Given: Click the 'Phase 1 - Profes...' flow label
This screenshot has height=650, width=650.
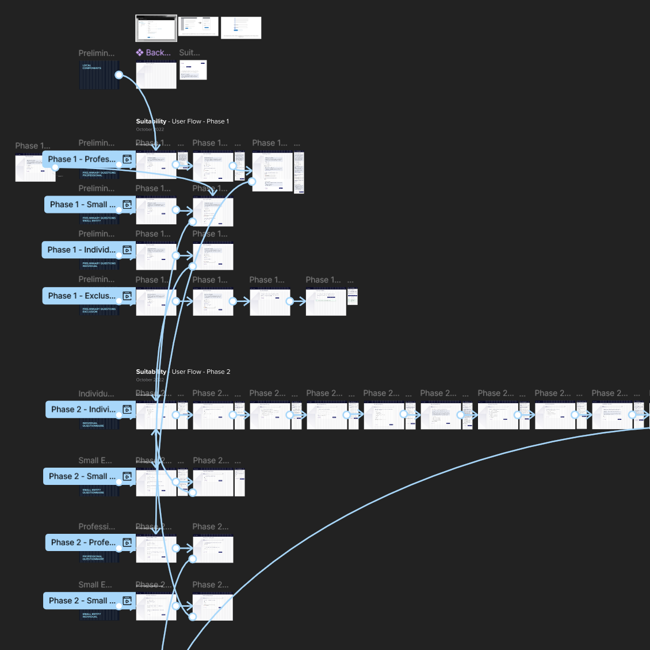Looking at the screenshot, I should coord(81,159).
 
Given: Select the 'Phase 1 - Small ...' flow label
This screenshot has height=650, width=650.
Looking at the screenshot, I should coord(82,205).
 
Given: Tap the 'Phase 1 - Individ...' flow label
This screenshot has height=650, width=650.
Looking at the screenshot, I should coord(81,250).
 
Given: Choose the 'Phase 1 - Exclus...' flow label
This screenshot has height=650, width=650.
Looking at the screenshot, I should coord(81,296).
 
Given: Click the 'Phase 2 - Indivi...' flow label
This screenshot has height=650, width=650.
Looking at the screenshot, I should coord(82,410).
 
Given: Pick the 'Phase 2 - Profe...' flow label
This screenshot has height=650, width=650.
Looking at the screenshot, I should coord(83,542).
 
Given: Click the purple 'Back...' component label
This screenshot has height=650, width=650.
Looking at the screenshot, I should coord(154,52).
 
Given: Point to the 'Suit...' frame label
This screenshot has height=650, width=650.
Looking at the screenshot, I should coord(189,52).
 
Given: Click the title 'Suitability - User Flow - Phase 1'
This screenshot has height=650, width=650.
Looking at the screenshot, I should coord(182,121).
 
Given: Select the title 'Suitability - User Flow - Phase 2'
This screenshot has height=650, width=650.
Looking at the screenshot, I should coord(183,372).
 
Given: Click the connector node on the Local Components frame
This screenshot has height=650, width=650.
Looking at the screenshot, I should coord(118,75).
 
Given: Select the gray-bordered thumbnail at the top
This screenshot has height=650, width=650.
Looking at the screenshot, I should coord(156,28).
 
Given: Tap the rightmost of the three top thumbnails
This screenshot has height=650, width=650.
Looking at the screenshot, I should coord(241,28).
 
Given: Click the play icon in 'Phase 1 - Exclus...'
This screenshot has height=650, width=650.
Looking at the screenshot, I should coord(127,296).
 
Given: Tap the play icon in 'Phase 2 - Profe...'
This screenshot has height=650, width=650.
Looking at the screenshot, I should coord(127,542).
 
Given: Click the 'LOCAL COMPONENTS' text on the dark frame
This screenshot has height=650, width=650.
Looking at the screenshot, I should coord(91,67).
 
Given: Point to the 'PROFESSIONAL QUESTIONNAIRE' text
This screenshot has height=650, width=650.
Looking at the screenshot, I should coord(93,557).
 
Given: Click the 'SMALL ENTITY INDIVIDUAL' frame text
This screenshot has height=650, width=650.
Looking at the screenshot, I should coord(91,615).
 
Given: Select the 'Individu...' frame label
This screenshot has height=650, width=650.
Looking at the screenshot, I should coord(96,394).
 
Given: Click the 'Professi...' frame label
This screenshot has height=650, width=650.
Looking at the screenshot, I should coord(97,527).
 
